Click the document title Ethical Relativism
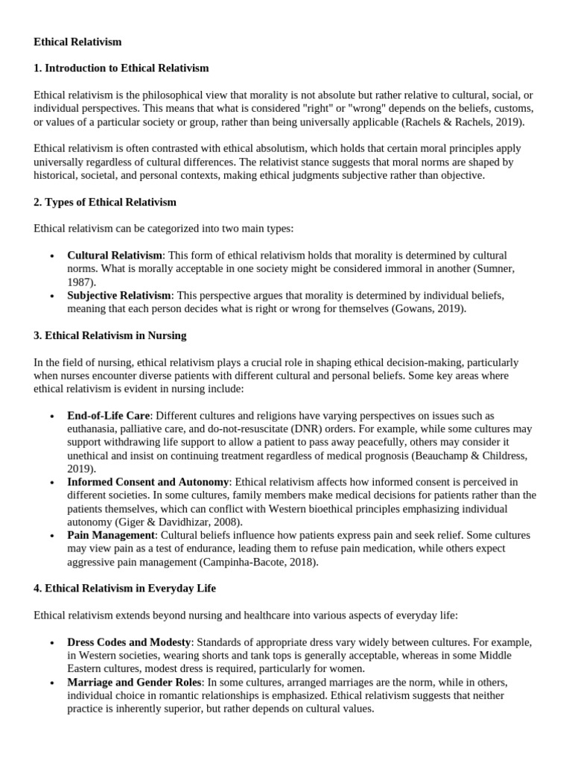(x=77, y=42)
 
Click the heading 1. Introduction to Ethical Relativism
(x=121, y=69)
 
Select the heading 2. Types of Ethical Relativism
(x=105, y=202)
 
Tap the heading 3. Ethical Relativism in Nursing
(x=110, y=335)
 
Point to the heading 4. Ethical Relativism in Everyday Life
(x=124, y=589)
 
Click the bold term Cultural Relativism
(x=114, y=256)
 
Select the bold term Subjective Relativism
(x=119, y=296)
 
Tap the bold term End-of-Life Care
(x=109, y=415)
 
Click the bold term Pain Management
(x=111, y=536)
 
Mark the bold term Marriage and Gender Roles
(x=134, y=683)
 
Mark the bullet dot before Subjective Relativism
(x=51, y=297)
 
